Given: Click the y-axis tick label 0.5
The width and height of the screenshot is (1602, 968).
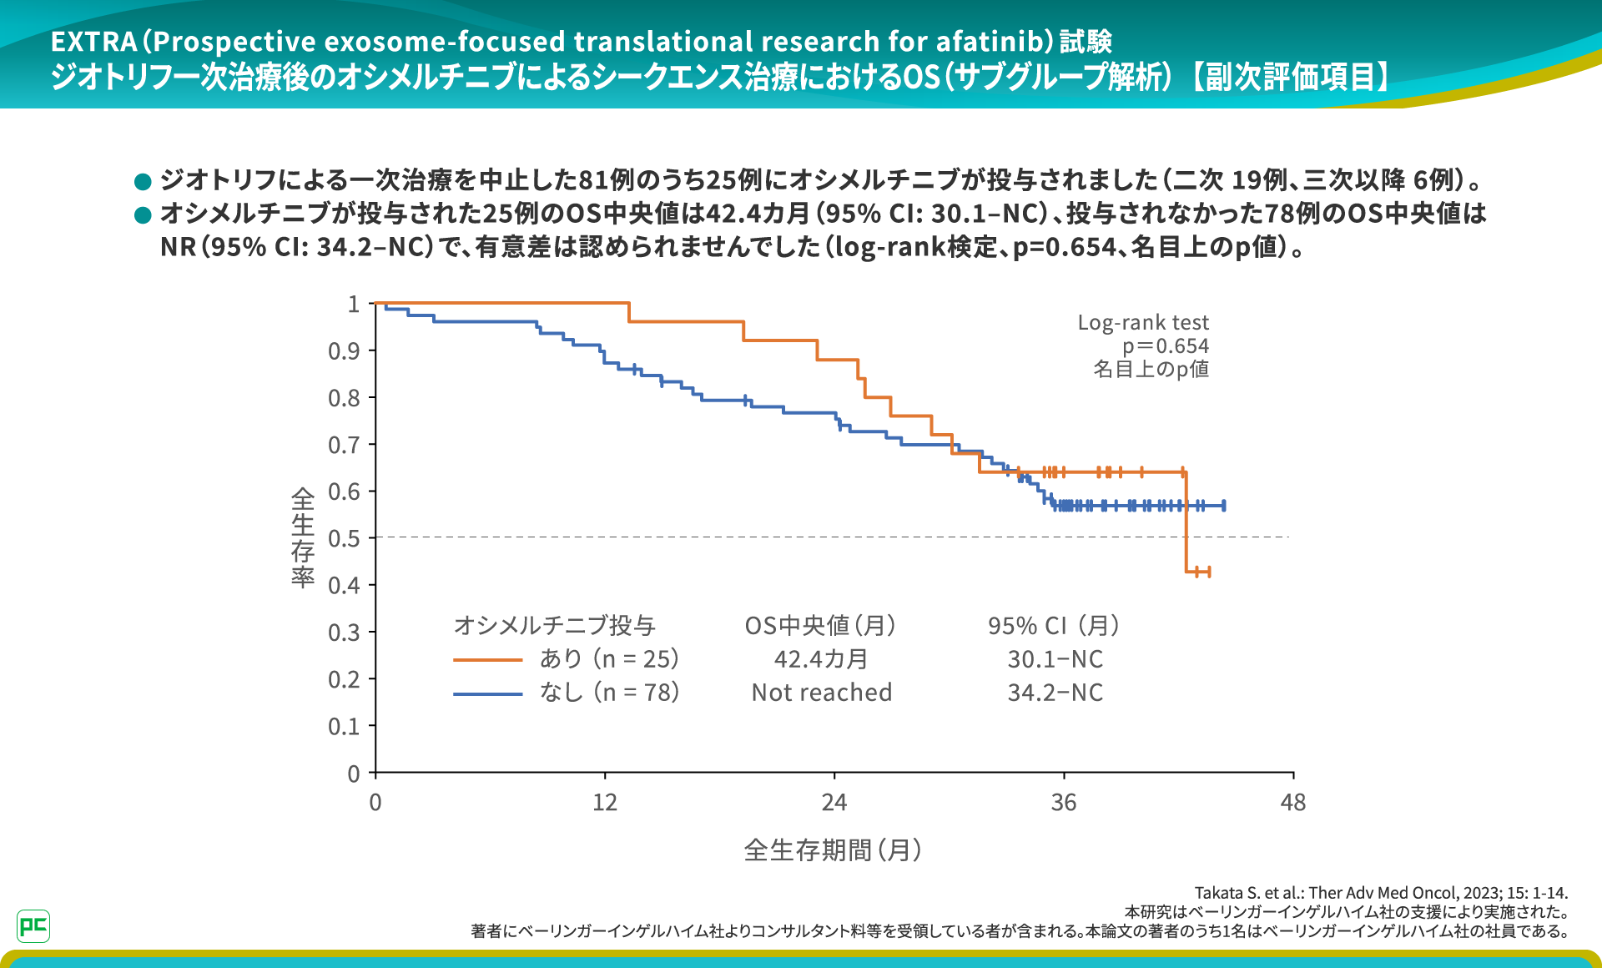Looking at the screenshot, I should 344,539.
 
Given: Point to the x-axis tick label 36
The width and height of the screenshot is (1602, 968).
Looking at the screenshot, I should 1063,803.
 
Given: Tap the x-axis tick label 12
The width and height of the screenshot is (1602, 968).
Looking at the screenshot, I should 605,803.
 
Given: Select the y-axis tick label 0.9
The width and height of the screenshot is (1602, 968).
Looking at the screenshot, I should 344,351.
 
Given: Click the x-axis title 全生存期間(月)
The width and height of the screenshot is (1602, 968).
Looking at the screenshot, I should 833,850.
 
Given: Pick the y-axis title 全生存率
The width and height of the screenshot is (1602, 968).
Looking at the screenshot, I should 303,538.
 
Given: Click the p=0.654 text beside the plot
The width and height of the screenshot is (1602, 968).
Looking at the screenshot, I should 1165,346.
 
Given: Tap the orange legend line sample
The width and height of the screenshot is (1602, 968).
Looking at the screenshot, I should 488,660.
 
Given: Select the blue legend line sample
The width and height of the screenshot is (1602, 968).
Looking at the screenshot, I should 488,693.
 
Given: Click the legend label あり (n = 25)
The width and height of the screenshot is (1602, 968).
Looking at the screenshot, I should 609,659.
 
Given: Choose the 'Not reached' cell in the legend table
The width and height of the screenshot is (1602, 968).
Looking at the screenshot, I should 822,693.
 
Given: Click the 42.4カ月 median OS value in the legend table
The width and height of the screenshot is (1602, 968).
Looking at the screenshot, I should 821,659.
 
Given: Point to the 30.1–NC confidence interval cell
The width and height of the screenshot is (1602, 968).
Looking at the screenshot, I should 1055,659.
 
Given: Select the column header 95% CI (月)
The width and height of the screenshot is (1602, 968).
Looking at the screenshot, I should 1054,626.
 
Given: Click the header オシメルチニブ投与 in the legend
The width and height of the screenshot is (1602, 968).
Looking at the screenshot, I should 555,626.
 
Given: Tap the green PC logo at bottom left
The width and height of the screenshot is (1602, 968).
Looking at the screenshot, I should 33,926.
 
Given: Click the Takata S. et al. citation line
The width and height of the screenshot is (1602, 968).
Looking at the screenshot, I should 1381,893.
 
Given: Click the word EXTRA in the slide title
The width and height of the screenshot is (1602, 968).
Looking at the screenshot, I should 93,42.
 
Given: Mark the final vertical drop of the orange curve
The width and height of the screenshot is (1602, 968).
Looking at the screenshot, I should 1186,522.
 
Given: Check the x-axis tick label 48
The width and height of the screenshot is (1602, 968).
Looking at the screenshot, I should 1292,803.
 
